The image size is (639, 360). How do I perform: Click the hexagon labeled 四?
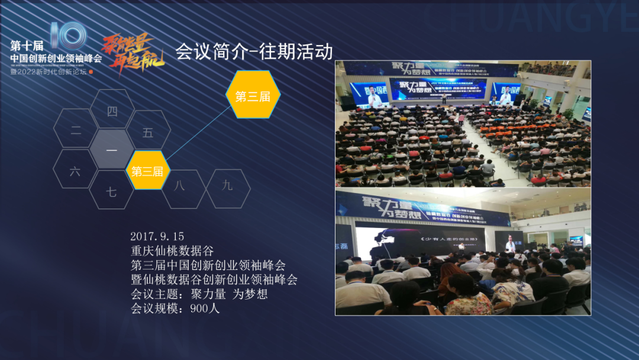112,111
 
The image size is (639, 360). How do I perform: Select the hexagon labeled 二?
76,131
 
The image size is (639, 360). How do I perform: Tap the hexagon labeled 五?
148,133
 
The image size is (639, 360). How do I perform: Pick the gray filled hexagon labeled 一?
111,150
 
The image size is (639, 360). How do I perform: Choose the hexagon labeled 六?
75,172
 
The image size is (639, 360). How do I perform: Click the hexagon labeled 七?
111,192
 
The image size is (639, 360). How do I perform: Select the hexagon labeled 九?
228,185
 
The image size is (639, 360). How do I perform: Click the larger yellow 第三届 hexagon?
253,96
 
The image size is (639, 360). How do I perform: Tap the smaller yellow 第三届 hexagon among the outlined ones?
147,172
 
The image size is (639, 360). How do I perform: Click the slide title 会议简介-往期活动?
254,52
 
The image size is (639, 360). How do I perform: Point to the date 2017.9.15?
157,236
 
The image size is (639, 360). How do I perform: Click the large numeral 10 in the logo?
67,38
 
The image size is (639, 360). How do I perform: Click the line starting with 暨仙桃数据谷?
214,279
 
